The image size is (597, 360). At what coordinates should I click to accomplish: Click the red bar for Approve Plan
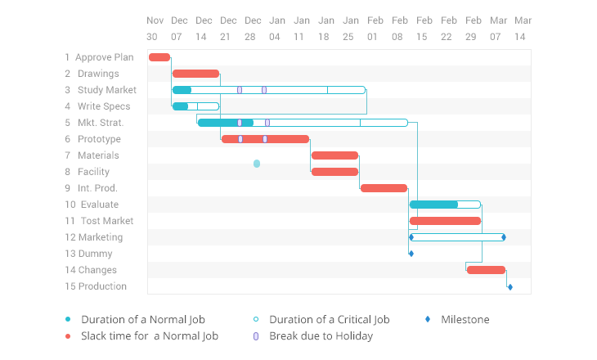coord(159,57)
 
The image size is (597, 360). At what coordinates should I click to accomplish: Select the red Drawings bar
coord(195,74)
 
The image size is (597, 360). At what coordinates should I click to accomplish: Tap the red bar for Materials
coord(334,155)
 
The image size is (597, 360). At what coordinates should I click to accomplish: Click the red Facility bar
coord(334,172)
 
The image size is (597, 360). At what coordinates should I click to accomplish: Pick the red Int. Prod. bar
coord(384,188)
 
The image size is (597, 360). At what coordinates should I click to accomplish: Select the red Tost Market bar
coord(445,221)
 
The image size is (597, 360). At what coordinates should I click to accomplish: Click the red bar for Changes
coord(486,270)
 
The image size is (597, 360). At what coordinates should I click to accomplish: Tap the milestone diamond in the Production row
coord(509,286)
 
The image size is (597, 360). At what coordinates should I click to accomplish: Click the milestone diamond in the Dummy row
coord(411,254)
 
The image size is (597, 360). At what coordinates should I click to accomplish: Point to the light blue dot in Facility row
coord(257,164)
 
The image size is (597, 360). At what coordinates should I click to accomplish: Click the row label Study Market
coord(106,90)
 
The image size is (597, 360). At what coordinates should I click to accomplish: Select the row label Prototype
coord(99,139)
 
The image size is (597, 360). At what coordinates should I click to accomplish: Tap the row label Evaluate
coord(99,205)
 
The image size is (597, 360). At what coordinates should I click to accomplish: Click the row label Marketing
coord(100,237)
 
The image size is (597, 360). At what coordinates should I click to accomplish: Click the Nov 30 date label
coord(155,28)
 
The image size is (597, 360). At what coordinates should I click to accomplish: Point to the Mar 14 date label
coord(523,28)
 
